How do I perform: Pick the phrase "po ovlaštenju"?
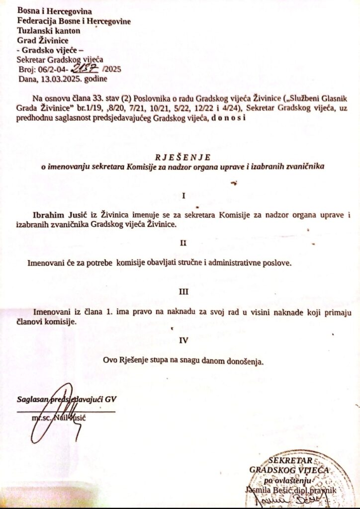pyautogui.click(x=288, y=480)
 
